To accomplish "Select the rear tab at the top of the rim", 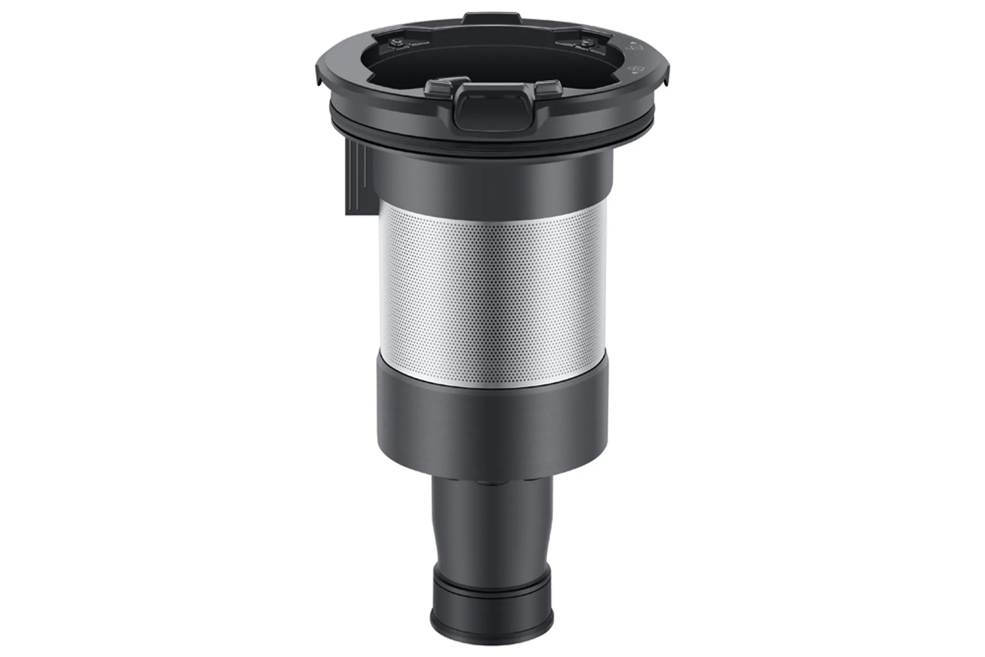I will click(492, 19).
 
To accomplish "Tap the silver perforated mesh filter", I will click(493, 292).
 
